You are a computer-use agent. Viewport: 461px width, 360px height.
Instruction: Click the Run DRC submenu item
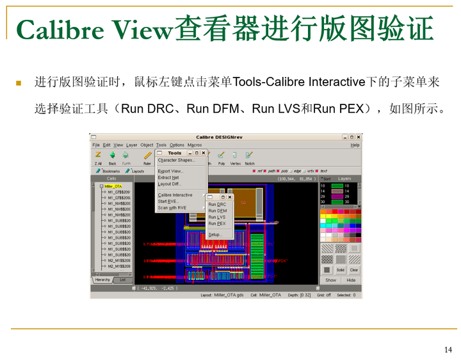pos(217,204)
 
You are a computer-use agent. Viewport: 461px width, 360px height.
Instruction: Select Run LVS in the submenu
pos(217,217)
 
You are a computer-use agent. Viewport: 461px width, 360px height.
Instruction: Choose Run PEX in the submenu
pos(217,224)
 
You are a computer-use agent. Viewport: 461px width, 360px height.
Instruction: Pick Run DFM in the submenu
pos(218,211)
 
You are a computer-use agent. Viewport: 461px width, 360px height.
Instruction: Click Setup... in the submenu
pos(215,234)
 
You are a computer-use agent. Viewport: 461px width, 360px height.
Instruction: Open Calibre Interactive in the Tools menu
pos(175,195)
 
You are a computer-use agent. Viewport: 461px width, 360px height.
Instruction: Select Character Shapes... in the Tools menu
pos(176,160)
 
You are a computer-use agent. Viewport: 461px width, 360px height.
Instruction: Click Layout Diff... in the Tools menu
pos(169,184)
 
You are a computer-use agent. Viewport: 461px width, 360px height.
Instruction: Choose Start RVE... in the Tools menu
pos(169,201)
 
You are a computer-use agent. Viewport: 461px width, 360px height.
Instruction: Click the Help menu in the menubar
pos(355,145)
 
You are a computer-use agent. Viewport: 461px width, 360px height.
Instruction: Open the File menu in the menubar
pos(96,145)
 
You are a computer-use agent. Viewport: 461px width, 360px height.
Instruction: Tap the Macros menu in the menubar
pos(195,145)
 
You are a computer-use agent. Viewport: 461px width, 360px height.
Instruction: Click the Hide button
pos(352,280)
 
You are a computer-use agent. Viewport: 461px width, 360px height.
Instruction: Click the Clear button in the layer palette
pos(354,270)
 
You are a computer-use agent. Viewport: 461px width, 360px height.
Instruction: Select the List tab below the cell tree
pos(122,280)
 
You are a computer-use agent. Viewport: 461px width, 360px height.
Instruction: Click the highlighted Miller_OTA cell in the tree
pos(113,186)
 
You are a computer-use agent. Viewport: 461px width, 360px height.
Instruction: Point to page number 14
pos(448,349)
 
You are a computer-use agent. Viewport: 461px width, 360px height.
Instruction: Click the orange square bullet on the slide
pos(19,83)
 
